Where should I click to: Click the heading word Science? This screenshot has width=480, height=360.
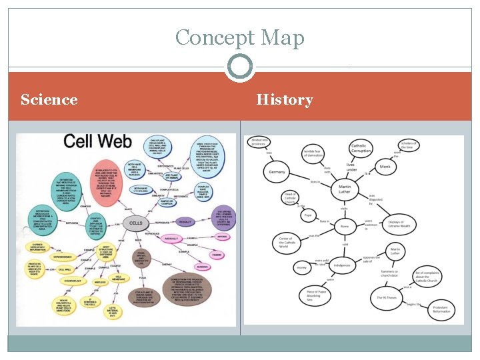coord(49,100)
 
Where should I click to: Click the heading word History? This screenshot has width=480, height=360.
coord(285,100)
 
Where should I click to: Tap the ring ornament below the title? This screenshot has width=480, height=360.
coord(239,66)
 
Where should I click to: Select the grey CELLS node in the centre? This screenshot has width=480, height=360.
coord(136,223)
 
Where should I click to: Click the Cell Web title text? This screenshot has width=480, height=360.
coord(98,142)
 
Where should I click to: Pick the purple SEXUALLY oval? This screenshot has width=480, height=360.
coord(186,222)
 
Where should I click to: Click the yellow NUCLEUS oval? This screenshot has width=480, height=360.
coord(100,283)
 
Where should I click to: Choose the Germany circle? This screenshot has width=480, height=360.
coord(277,172)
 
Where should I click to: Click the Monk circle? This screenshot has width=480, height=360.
coord(385,166)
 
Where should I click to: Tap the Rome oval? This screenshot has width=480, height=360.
coord(345,227)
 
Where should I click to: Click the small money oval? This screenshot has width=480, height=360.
coord(302,268)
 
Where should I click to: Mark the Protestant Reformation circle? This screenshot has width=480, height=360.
coord(441,309)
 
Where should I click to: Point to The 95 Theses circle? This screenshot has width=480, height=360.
coord(387,298)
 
